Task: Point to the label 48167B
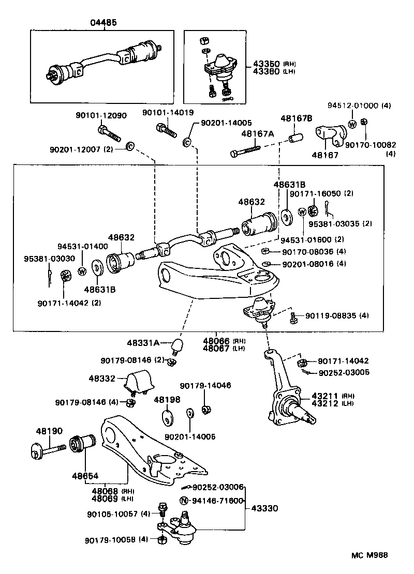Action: click(x=297, y=118)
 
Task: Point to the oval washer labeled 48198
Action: click(x=167, y=416)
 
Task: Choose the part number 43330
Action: click(x=265, y=508)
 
